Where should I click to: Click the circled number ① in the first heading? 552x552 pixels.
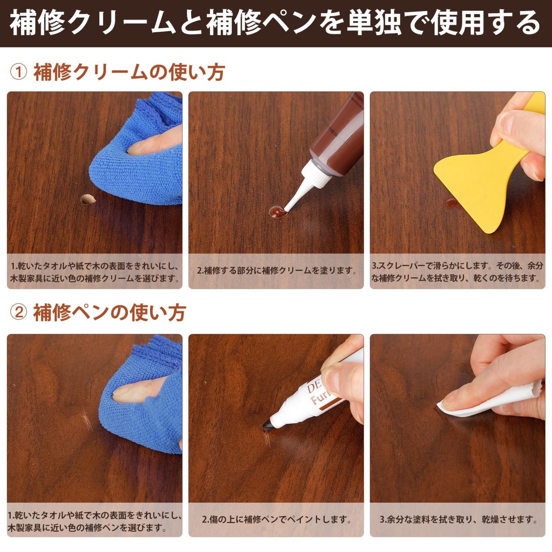click(x=18, y=72)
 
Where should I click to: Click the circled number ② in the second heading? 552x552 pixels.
click(x=18, y=312)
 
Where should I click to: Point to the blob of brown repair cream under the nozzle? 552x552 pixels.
click(x=277, y=213)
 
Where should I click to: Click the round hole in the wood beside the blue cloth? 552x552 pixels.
click(x=87, y=199)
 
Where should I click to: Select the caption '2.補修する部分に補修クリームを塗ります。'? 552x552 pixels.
click(x=276, y=270)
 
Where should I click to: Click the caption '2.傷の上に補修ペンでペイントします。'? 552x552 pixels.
click(x=276, y=520)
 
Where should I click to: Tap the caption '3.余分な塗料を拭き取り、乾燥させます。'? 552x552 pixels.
click(x=458, y=520)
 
